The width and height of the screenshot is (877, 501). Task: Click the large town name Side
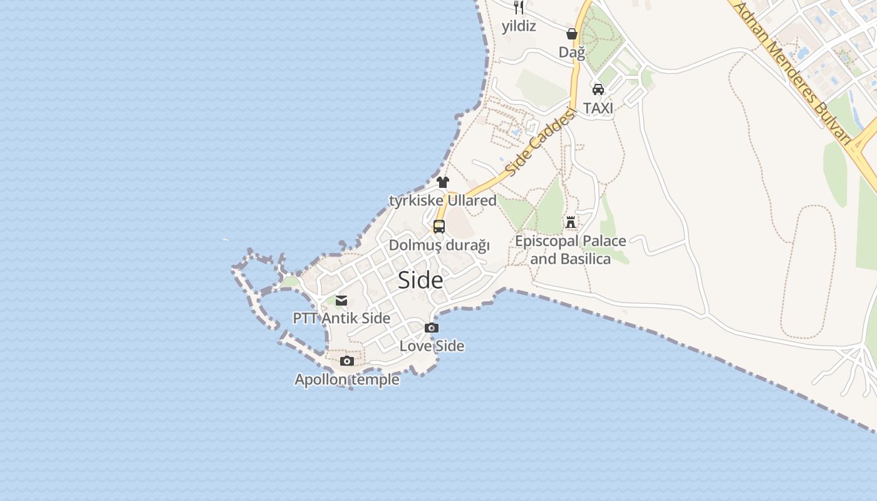(420, 280)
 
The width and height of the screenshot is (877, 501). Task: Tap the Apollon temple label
(347, 380)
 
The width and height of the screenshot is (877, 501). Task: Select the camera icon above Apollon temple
(346, 361)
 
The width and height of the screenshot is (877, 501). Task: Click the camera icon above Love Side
(432, 328)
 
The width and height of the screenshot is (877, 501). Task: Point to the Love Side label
(432, 346)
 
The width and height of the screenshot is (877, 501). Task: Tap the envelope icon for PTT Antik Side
(341, 301)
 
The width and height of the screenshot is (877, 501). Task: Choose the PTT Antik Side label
(341, 318)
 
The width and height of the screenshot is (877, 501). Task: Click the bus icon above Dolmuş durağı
(439, 227)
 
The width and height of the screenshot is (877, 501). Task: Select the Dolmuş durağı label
(439, 245)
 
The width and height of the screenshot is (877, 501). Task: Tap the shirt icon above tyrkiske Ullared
(443, 182)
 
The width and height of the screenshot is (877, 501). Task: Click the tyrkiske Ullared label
(443, 200)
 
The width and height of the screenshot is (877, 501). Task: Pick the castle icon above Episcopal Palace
(570, 222)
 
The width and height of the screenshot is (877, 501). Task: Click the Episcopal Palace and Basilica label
(570, 249)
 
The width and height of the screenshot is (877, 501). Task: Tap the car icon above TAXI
(598, 90)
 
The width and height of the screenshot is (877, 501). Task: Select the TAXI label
(598, 108)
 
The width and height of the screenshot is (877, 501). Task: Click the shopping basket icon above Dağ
(572, 34)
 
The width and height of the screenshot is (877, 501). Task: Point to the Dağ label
(572, 52)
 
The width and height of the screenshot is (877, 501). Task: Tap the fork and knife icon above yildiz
(519, 8)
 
